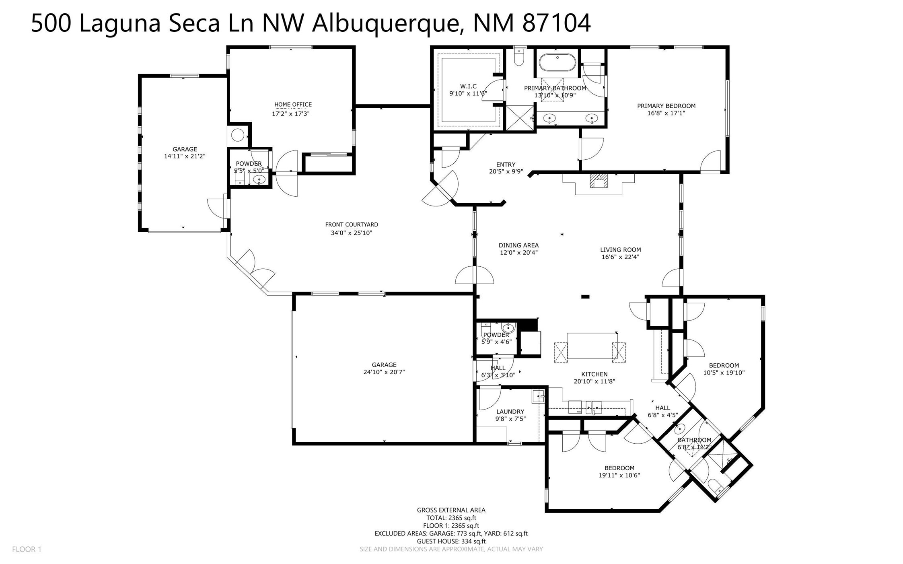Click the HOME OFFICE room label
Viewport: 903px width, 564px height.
(293, 105)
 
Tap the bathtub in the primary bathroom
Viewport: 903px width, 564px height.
(557, 63)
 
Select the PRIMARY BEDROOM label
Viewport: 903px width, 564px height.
(666, 106)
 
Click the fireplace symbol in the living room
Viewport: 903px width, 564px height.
(599, 181)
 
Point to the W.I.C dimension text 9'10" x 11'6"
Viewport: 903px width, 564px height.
(468, 93)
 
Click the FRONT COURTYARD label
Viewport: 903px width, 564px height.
(352, 224)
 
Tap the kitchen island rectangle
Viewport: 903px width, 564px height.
(592, 345)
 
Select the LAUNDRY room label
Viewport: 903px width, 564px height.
(510, 412)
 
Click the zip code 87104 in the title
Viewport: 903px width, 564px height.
(556, 23)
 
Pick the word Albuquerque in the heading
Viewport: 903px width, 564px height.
(385, 23)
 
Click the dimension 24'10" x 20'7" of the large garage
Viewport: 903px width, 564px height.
(384, 372)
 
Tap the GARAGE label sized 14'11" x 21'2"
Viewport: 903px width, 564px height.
(185, 149)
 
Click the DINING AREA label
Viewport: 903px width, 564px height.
(518, 245)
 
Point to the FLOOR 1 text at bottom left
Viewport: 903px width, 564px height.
(27, 549)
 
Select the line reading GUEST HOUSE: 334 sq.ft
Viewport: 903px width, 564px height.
(451, 541)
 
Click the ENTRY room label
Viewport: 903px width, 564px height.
(506, 164)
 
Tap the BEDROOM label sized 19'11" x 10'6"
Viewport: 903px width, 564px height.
(619, 468)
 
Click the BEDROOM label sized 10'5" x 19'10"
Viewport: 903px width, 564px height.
(724, 365)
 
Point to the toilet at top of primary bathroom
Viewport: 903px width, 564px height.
(519, 58)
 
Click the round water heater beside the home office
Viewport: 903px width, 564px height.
(238, 135)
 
